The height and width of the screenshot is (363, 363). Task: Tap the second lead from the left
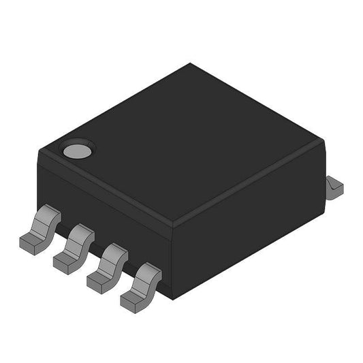tap(74, 246)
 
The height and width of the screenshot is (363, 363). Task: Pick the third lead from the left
tap(108, 264)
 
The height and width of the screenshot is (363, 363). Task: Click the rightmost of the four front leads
tap(141, 284)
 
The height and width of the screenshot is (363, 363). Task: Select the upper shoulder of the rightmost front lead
tap(149, 273)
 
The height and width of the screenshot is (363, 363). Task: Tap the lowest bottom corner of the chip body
tap(174, 297)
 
